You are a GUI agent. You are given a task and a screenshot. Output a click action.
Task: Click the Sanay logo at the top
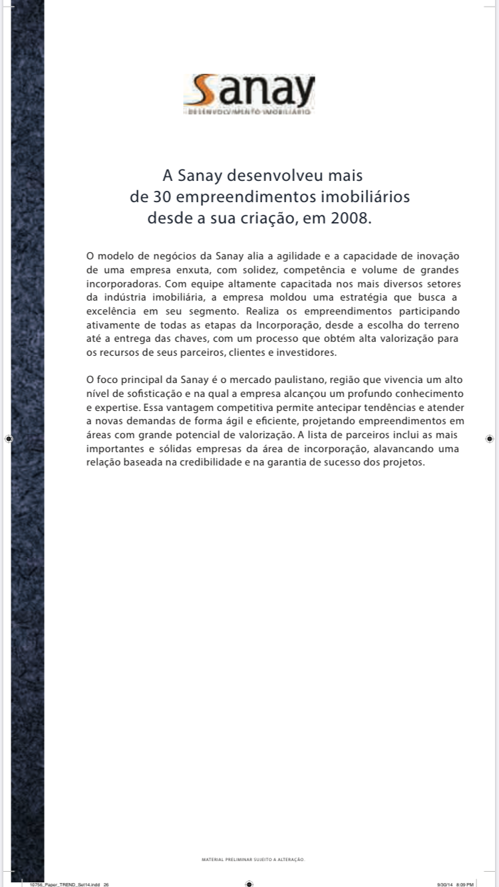(x=249, y=94)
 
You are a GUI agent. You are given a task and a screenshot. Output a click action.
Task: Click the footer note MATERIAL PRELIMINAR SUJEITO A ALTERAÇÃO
(x=253, y=860)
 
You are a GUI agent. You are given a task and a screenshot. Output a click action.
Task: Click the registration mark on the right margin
(x=489, y=439)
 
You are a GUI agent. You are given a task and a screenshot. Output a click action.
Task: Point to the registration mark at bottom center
(x=249, y=884)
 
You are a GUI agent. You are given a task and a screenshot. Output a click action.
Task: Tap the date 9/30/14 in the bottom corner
(x=444, y=884)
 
